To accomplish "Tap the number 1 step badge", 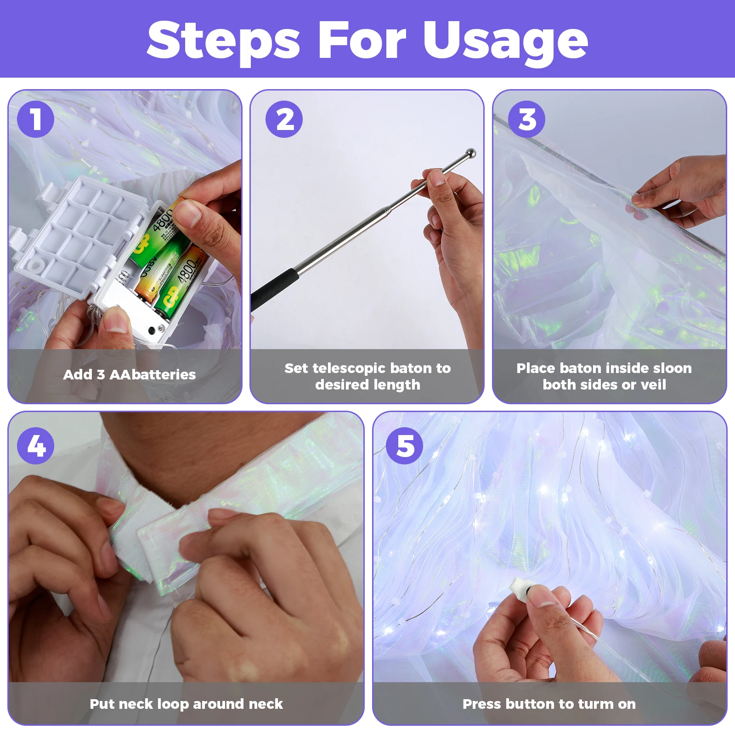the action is tap(35, 119).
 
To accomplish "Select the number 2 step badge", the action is tap(284, 119).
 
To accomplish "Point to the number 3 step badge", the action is tap(526, 119).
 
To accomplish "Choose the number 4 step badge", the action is tap(35, 446).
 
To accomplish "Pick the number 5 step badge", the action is tap(404, 446).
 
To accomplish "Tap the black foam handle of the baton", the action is tap(275, 289).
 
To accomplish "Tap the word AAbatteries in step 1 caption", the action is tap(153, 374).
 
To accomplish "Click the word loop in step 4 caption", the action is tap(173, 704).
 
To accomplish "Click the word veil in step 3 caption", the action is tap(653, 384).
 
